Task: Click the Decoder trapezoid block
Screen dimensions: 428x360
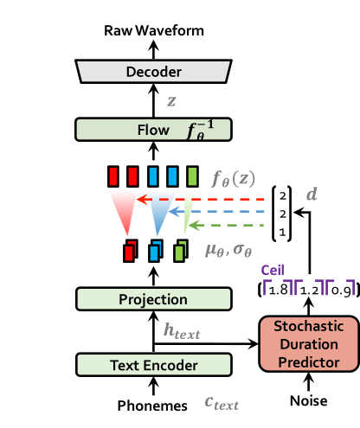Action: (x=153, y=72)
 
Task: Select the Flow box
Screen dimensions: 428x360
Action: (x=153, y=130)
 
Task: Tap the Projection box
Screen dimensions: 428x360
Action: (x=153, y=299)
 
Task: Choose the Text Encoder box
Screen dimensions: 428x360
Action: (x=153, y=365)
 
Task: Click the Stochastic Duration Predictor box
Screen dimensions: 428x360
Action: (x=309, y=344)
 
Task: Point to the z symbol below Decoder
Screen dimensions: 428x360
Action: (x=171, y=101)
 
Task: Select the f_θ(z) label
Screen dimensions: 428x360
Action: (x=234, y=179)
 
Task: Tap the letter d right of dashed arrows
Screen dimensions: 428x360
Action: (x=312, y=194)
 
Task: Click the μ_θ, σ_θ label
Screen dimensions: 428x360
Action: (x=228, y=251)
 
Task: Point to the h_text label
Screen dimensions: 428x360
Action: (x=182, y=330)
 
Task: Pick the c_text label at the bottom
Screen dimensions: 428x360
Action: (x=221, y=402)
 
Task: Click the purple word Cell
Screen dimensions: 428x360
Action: (x=273, y=270)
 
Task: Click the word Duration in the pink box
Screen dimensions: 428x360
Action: (x=309, y=344)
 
